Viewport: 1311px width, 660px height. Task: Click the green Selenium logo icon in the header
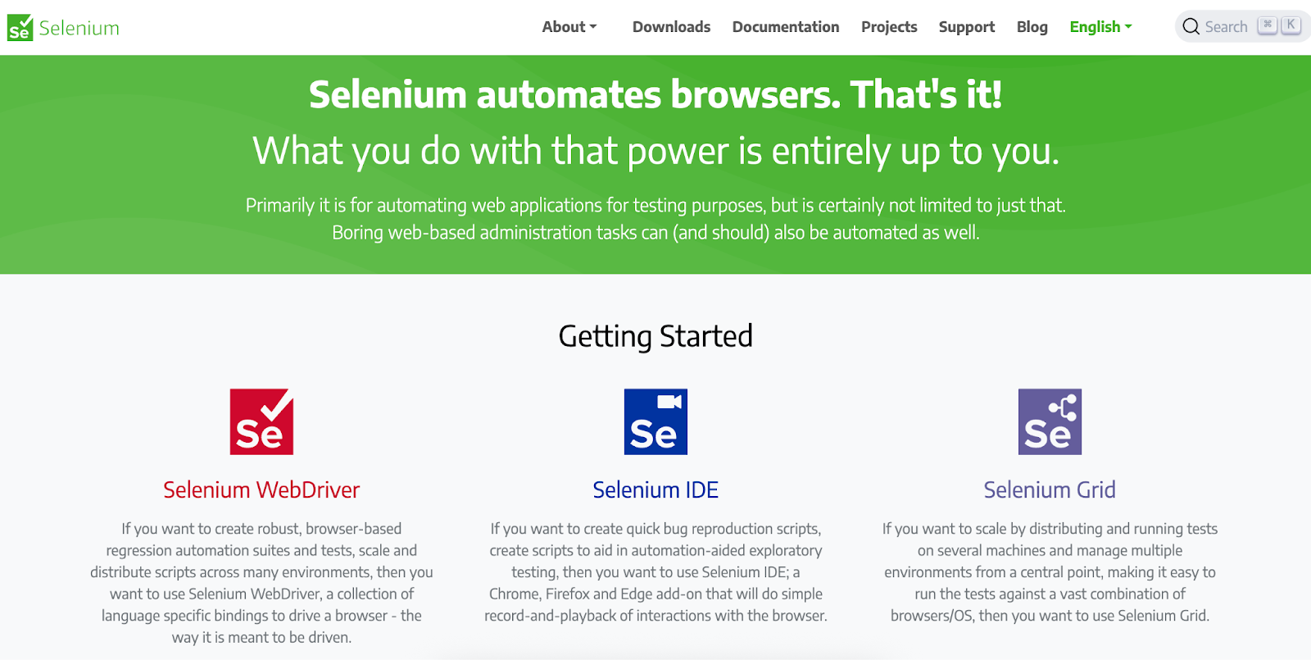point(20,27)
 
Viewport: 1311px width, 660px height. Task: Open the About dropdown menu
point(569,27)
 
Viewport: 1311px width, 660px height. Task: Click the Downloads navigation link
point(671,27)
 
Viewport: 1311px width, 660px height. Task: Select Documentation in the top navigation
point(785,27)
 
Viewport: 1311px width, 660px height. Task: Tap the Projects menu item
point(889,27)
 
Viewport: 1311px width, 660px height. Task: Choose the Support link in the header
point(966,27)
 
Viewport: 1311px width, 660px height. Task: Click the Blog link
point(1032,27)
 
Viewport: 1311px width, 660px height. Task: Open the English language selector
point(1100,27)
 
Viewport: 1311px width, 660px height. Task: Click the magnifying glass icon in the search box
point(1191,27)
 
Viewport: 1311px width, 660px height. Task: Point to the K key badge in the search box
point(1291,25)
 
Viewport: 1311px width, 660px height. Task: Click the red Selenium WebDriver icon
point(261,421)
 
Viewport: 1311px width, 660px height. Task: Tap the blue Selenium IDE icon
point(655,421)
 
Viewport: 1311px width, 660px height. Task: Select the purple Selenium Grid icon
point(1050,421)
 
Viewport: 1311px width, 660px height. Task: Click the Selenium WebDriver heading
point(261,490)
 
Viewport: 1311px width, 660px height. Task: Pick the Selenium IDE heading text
point(655,490)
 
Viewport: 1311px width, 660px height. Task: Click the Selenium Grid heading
point(1050,490)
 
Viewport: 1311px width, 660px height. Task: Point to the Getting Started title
point(655,336)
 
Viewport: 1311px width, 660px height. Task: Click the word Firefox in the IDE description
point(568,594)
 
